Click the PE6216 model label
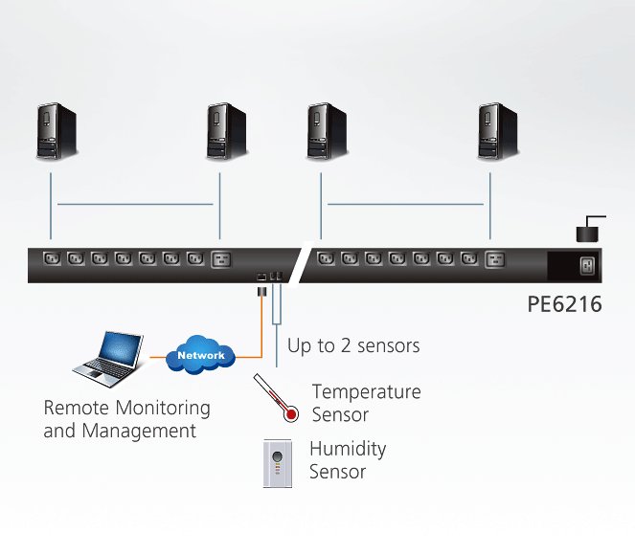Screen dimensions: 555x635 565,305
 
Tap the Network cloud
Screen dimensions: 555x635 201,356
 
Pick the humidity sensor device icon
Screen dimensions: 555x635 277,463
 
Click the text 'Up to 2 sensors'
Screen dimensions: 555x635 353,345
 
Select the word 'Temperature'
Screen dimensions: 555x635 366,392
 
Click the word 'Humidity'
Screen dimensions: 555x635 348,449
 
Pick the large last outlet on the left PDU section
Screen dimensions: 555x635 221,258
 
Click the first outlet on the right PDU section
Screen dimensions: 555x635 326,258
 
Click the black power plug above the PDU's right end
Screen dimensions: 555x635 587,232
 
